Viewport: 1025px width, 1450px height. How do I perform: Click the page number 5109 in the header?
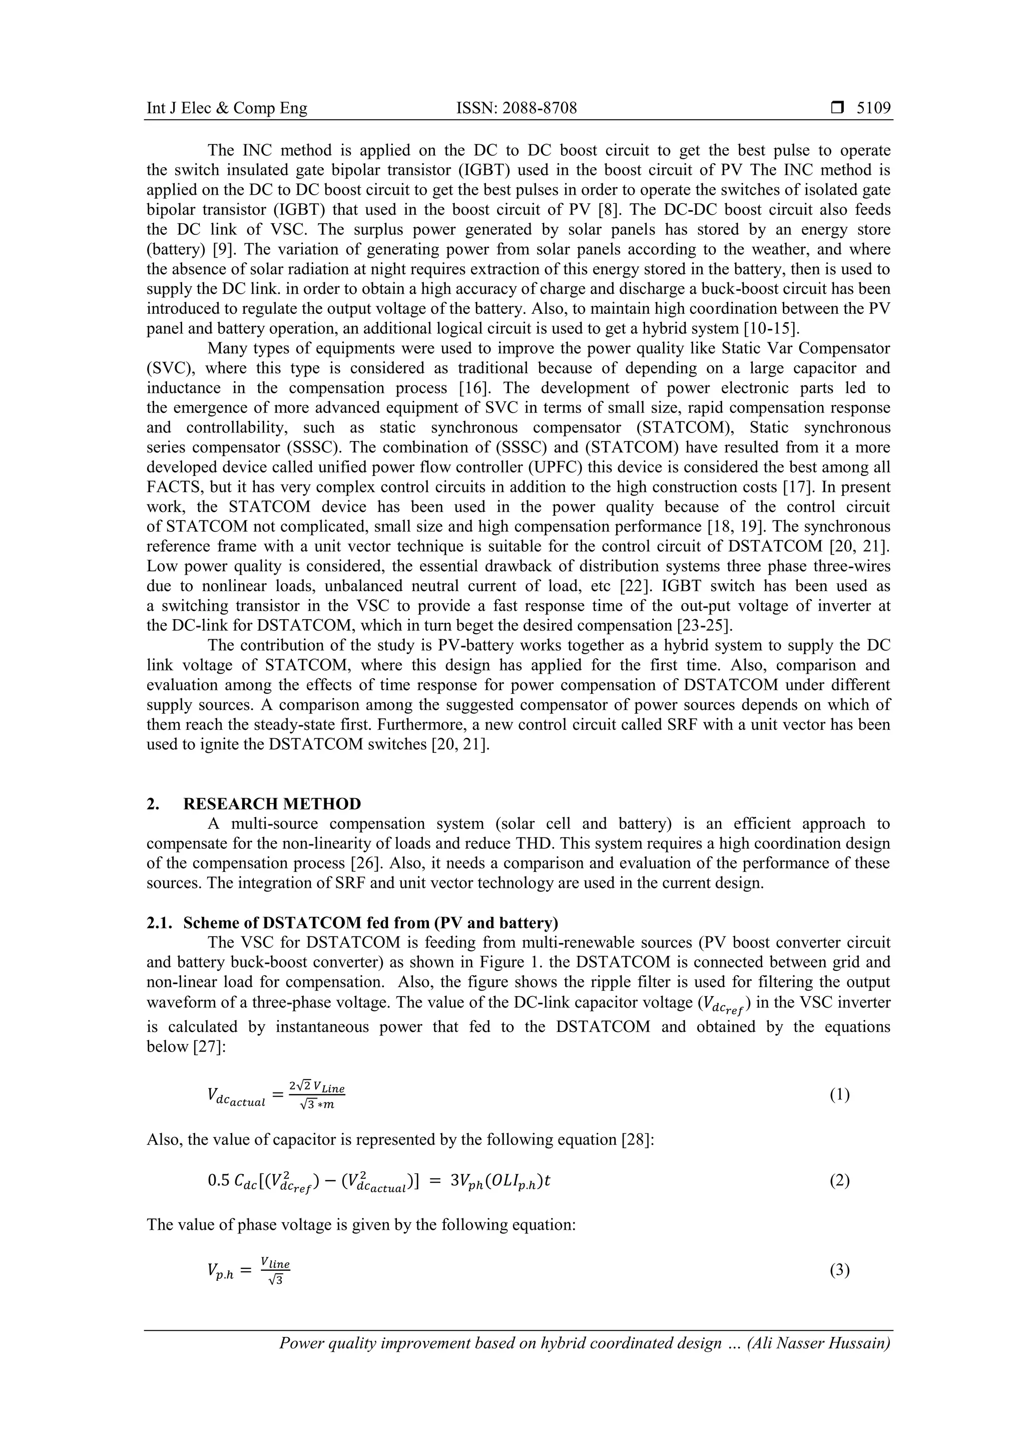coord(873,109)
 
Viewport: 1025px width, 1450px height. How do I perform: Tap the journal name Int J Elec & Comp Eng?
coord(227,109)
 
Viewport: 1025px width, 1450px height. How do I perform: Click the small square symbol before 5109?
coord(837,109)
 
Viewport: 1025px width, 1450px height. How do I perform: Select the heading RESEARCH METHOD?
coord(272,804)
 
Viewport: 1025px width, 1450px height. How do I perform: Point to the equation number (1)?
coord(839,1095)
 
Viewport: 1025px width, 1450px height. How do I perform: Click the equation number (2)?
coord(839,1180)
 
